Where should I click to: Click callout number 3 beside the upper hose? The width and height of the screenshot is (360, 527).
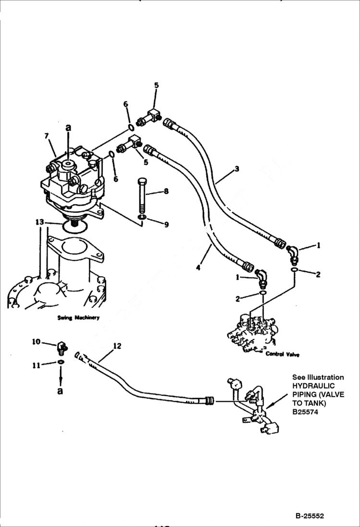tap(237, 169)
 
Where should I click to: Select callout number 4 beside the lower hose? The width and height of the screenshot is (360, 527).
tap(198, 268)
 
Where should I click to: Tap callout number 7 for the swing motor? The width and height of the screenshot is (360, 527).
tap(47, 136)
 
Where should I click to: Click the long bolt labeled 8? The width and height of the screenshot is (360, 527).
tap(144, 197)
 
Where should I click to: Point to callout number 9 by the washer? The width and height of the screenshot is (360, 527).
tap(166, 224)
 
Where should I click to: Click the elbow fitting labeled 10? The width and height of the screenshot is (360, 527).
tap(62, 346)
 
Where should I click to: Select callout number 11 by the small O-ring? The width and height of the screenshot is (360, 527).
tap(36, 366)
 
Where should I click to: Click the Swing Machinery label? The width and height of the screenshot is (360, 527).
tap(78, 318)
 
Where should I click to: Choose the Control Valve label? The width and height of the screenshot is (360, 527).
tap(283, 355)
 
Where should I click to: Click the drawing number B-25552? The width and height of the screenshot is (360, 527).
tap(310, 516)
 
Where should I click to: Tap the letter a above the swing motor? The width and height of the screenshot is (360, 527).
tap(68, 128)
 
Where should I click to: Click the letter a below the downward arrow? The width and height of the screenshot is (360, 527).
tap(60, 391)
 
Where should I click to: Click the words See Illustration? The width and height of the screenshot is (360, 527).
tap(318, 377)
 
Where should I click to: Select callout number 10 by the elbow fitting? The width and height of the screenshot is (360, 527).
tap(36, 342)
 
